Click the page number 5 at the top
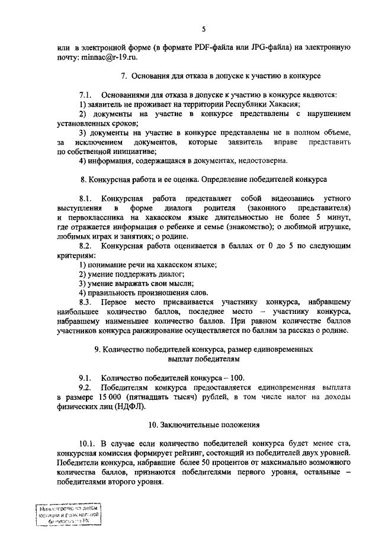click(203, 28)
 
